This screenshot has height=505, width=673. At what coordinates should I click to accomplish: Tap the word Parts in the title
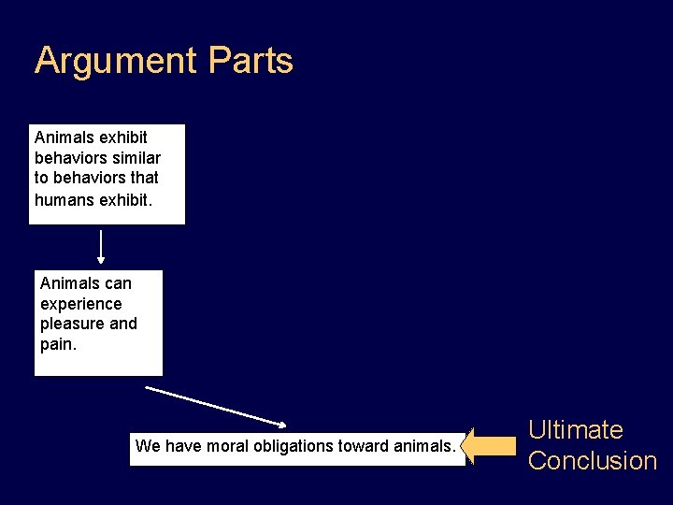[x=251, y=61]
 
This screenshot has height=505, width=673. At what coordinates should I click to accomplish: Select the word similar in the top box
[x=136, y=157]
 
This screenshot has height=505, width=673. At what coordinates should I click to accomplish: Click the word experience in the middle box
[x=81, y=304]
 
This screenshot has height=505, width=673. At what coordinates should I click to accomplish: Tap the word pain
[x=57, y=344]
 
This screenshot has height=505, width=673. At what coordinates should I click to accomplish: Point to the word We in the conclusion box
[x=148, y=446]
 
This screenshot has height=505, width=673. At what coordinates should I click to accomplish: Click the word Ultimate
[x=576, y=430]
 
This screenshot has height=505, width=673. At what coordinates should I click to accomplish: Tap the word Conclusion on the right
[x=593, y=461]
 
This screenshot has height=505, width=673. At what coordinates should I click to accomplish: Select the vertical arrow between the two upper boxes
[x=101, y=248]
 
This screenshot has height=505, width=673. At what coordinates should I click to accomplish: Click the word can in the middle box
[x=119, y=283]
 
